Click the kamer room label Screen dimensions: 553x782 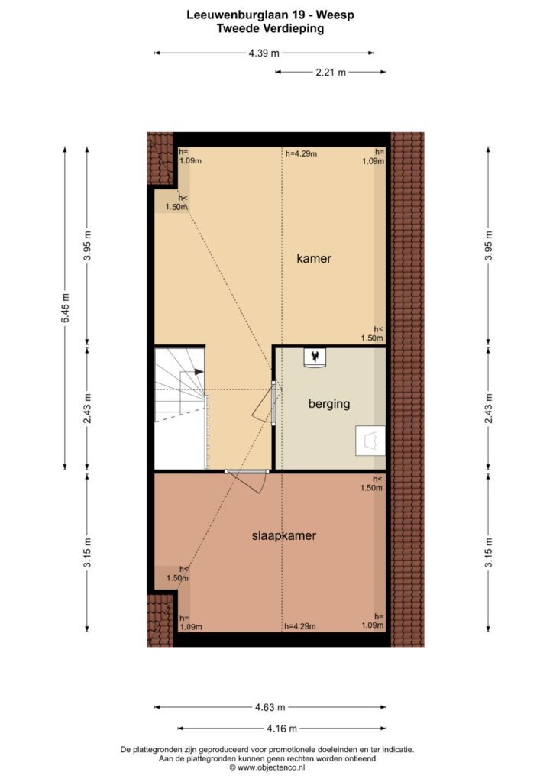(x=314, y=258)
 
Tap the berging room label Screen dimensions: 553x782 (x=329, y=403)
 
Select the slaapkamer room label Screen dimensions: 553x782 (x=283, y=535)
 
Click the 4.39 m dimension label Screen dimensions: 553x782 (x=264, y=53)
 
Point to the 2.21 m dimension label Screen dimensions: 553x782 (x=331, y=73)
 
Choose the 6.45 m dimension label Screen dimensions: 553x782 (x=66, y=309)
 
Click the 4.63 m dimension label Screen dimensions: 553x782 (x=270, y=706)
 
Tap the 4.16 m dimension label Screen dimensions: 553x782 (x=282, y=728)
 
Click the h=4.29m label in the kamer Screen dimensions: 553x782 (x=301, y=153)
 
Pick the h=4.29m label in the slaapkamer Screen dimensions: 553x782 (x=299, y=626)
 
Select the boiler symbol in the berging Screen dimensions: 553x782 (x=315, y=358)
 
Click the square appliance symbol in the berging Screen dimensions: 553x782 (x=370, y=441)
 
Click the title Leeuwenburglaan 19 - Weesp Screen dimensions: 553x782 (x=270, y=15)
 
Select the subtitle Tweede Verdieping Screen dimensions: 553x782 (x=270, y=28)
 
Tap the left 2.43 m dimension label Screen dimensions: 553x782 (x=87, y=409)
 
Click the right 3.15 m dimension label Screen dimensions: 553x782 (x=489, y=551)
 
